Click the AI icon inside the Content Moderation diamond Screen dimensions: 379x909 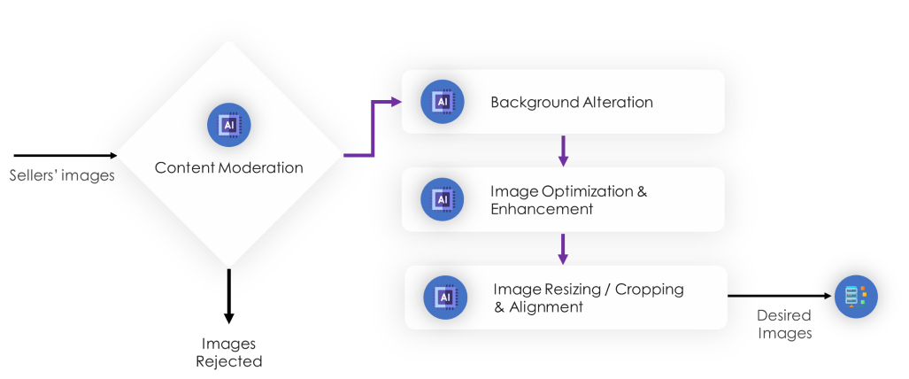[228, 125]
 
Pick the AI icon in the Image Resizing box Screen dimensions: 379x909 [445, 298]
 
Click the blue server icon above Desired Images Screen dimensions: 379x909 [856, 296]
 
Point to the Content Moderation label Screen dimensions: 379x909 [228, 167]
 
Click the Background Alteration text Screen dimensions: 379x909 [572, 102]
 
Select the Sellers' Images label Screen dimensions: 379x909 [62, 175]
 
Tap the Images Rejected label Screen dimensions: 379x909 [228, 352]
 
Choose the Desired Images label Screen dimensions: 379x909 [784, 324]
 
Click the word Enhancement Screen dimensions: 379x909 [542, 210]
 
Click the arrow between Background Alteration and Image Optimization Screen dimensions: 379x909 [563, 151]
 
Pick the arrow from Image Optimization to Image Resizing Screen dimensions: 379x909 [563, 248]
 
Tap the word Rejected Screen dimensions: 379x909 [228, 361]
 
